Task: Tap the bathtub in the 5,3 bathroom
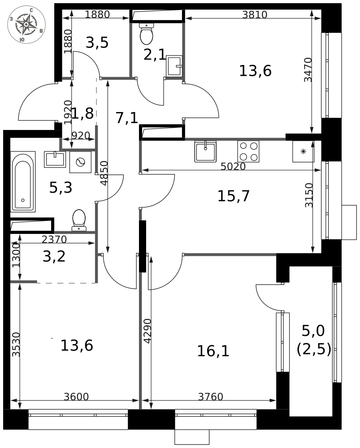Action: pos(23,182)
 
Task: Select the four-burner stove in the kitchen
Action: pos(248,151)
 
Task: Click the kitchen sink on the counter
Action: pos(205,151)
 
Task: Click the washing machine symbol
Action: pos(81,162)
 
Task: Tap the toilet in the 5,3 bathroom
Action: pos(79,220)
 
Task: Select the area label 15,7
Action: pos(233,196)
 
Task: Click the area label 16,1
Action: pos(213,351)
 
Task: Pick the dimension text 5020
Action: pos(233,167)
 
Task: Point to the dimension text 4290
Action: pos(147,331)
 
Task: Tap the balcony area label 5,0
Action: pos(313,331)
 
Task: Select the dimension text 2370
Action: pos(54,240)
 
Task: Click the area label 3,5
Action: pos(97,43)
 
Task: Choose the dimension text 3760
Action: pos(210,396)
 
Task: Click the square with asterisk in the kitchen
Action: pos(303,151)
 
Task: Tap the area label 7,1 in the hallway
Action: pos(126,118)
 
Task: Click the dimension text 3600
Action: pos(76,396)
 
